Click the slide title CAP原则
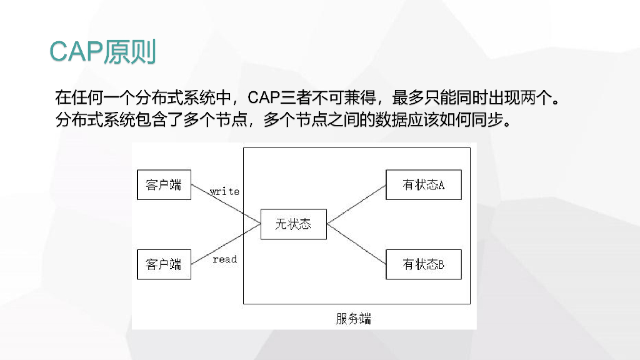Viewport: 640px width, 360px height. tap(102, 52)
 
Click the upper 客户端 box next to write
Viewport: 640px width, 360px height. tap(164, 184)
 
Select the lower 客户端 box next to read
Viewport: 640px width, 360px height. tap(164, 264)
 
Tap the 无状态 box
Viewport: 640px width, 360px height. tap(293, 224)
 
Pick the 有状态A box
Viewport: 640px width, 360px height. tap(423, 184)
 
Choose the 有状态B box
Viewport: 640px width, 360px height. tap(423, 264)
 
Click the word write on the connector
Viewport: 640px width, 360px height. tap(224, 191)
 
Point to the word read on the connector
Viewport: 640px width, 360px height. tap(224, 259)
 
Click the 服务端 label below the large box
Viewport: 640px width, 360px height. tap(354, 319)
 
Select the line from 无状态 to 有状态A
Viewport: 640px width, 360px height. tap(356, 204)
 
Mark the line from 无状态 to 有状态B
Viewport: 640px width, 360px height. tap(356, 244)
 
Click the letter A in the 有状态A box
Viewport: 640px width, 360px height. tap(441, 186)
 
